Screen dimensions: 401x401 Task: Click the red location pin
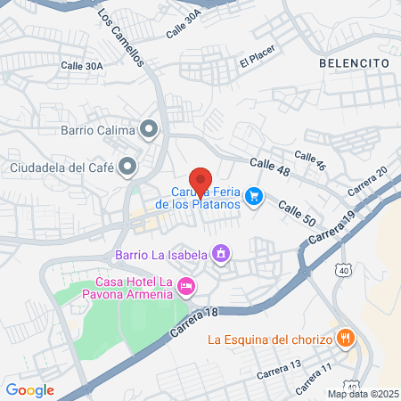point(200,182)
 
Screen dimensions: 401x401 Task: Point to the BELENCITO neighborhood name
point(354,63)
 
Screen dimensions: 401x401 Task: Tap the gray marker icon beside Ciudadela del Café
point(129,166)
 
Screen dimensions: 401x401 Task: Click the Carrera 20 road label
point(367,182)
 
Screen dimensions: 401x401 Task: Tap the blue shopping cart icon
point(254,195)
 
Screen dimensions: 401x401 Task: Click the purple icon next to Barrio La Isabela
point(220,255)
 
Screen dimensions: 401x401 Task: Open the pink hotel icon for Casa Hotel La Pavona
point(186,287)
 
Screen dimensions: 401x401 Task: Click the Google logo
point(29,389)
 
